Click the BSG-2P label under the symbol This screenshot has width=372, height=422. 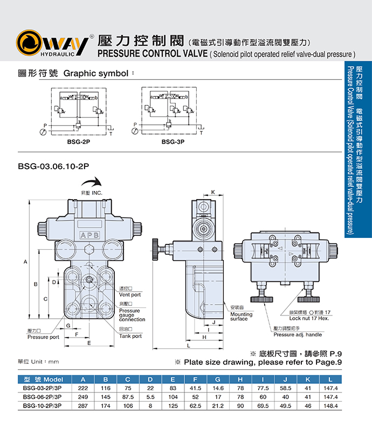[x=79, y=142]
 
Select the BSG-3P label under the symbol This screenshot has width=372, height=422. [x=173, y=142]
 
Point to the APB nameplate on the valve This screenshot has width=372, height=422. [x=89, y=235]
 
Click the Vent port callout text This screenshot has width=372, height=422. [x=130, y=294]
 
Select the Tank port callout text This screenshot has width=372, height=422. [x=130, y=336]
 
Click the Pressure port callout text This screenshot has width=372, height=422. [x=43, y=337]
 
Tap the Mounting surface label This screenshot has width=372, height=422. [x=241, y=316]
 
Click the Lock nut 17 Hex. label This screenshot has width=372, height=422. [x=308, y=318]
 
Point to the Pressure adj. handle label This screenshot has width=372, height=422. [x=298, y=334]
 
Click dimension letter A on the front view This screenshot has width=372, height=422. [x=25, y=262]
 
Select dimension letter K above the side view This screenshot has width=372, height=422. [x=213, y=192]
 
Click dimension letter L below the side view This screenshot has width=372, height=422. [x=188, y=346]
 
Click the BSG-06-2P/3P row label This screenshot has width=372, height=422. [x=43, y=397]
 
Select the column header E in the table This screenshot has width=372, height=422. [x=173, y=379]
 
